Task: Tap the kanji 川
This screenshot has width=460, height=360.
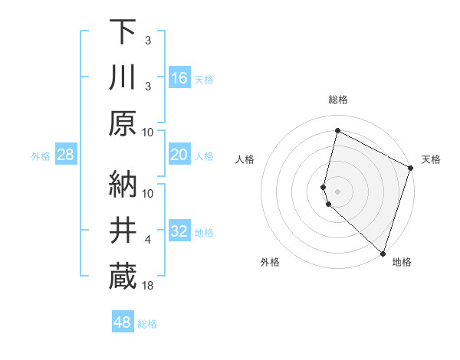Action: point(123,77)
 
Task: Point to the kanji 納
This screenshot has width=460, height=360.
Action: point(123,184)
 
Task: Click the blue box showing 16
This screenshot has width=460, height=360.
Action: point(179,77)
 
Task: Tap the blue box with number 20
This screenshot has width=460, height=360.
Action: point(179,155)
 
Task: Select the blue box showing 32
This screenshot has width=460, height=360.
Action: point(179,231)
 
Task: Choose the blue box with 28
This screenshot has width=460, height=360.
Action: point(66,155)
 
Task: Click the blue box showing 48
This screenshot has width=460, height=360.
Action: point(122,322)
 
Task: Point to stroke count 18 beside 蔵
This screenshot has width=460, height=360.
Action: point(149,286)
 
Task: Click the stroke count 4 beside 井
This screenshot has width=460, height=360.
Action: point(148,240)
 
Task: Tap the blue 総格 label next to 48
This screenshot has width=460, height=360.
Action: point(147,324)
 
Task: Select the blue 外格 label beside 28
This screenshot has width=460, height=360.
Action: point(41,156)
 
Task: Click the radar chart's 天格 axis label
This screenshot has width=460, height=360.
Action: point(431,159)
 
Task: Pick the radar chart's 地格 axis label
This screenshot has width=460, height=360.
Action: point(402,262)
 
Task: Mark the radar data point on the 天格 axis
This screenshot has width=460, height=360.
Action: point(411,169)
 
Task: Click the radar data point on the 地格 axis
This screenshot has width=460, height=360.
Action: point(383,253)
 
